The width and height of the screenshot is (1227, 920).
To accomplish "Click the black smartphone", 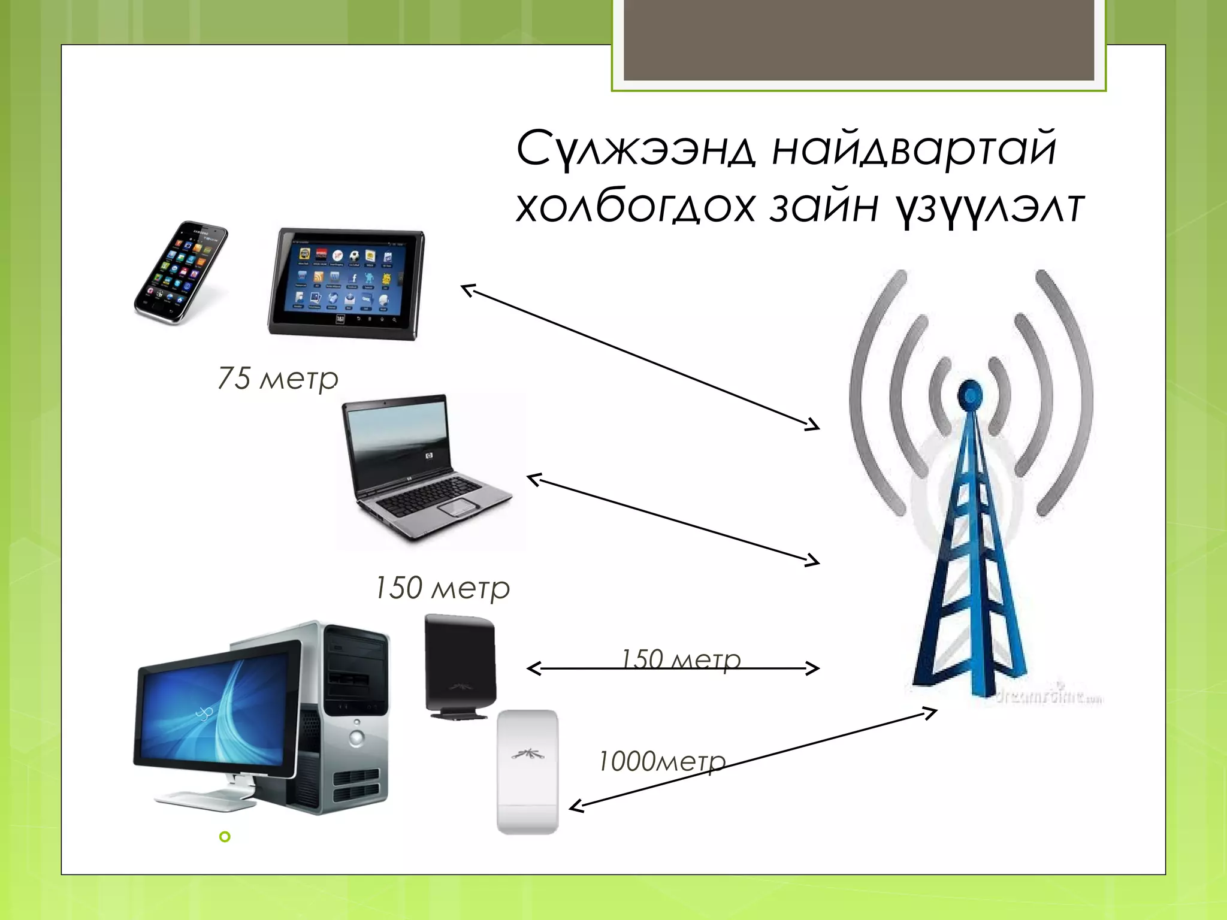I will pyautogui.click(x=180, y=273).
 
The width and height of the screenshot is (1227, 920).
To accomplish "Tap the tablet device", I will pyautogui.click(x=346, y=283).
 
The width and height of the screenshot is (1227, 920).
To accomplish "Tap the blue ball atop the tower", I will pyautogui.click(x=969, y=392).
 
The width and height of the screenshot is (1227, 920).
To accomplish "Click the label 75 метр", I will pyautogui.click(x=278, y=379).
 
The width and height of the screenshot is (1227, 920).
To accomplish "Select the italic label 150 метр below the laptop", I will pyautogui.click(x=442, y=588).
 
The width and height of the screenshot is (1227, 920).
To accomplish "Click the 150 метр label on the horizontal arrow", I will pyautogui.click(x=681, y=659).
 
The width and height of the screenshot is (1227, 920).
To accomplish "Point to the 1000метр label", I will pyautogui.click(x=661, y=762).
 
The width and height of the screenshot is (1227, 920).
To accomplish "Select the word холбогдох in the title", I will pyautogui.click(x=635, y=207).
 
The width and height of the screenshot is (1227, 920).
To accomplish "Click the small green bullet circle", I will pyautogui.click(x=225, y=837).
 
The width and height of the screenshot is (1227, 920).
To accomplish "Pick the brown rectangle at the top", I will pyautogui.click(x=859, y=40).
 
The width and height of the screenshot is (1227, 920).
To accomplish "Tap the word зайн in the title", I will pyautogui.click(x=824, y=207).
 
